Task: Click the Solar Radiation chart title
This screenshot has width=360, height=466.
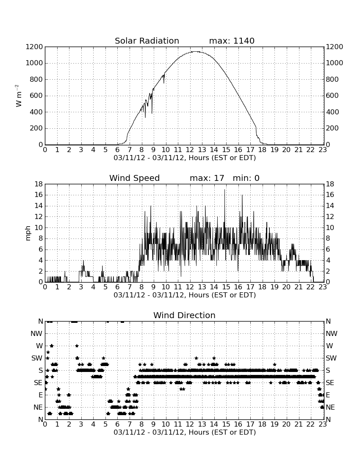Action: (147, 41)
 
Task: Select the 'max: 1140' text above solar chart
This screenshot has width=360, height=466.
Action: (232, 41)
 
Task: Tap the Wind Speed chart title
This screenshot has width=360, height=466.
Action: (134, 178)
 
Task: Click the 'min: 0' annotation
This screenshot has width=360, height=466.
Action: (246, 178)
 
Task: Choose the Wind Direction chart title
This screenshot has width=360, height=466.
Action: (184, 315)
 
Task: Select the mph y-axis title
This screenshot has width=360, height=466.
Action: (28, 233)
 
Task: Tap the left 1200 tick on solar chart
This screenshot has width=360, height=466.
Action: (34, 47)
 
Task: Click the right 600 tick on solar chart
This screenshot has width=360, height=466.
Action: (332, 96)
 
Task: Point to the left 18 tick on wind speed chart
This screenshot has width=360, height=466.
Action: (39, 184)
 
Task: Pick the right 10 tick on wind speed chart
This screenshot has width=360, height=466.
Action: (330, 227)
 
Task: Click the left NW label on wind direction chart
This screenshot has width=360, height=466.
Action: (36, 334)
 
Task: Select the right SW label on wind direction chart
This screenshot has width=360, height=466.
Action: (331, 358)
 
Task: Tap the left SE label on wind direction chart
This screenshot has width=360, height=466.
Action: (38, 383)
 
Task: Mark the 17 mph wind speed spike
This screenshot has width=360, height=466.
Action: (224, 190)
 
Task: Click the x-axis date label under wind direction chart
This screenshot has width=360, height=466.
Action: (185, 432)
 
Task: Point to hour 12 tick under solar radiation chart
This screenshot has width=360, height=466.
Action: (190, 150)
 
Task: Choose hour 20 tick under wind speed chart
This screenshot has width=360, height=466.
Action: (286, 287)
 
